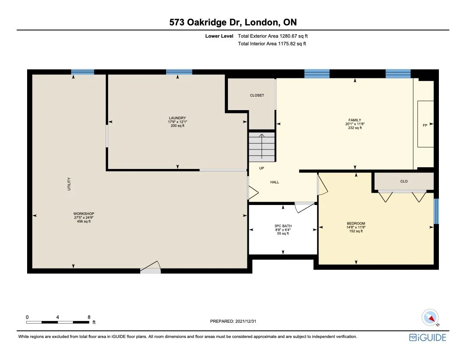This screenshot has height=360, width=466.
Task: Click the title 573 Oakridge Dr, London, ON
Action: (233, 22)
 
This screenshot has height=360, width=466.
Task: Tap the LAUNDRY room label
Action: (178, 118)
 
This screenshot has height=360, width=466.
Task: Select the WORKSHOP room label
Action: (83, 213)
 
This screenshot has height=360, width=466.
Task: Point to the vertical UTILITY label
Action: (69, 184)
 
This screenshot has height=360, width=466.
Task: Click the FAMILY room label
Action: (355, 120)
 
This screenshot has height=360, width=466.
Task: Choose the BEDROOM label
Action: (356, 223)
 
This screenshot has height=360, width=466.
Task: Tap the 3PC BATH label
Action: (283, 226)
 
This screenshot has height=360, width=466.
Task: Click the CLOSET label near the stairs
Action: (257, 95)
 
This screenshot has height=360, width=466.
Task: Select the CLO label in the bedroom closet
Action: (404, 181)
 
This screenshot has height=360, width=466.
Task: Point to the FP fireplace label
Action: (424, 125)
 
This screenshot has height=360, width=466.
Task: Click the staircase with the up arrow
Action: (262, 147)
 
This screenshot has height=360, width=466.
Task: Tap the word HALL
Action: (275, 182)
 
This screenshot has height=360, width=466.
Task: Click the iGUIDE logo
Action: (427, 337)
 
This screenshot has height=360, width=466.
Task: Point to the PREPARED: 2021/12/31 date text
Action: (233, 321)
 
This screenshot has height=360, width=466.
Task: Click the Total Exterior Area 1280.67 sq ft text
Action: (275, 36)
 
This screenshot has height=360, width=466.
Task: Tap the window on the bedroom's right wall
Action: (436, 211)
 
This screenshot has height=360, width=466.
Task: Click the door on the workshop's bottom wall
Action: (150, 269)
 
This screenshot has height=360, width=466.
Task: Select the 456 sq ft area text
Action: (83, 222)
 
